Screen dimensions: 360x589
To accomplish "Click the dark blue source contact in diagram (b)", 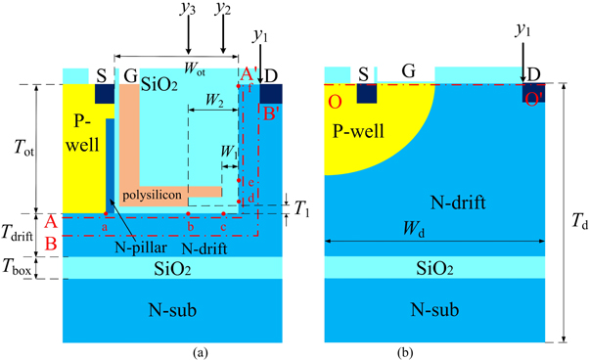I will click(367, 93).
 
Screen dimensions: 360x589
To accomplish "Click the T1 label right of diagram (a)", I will click(301, 209).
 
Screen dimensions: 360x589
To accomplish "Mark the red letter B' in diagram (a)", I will click(270, 111).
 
